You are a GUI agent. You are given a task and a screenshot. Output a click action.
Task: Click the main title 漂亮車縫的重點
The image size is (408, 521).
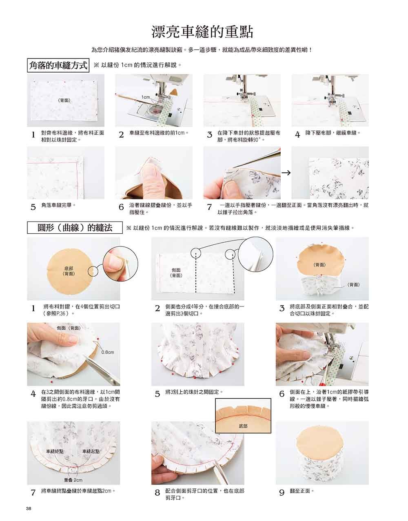click(202, 32)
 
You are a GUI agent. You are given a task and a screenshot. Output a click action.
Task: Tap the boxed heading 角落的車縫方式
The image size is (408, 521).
click(58, 65)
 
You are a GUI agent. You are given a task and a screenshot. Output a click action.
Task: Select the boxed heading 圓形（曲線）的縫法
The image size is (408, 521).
click(75, 228)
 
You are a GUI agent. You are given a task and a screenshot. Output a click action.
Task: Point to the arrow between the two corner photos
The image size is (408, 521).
click(286, 172)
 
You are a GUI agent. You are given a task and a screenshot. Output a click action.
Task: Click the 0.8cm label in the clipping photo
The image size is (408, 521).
click(108, 352)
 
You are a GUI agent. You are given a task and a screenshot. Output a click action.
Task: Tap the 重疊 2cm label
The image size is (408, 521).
click(73, 480)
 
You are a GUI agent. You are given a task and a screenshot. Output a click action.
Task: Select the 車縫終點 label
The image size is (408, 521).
click(55, 451)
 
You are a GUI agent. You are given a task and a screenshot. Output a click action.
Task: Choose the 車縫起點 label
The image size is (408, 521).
click(91, 451)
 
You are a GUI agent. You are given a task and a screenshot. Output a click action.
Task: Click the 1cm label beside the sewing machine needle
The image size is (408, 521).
click(146, 97)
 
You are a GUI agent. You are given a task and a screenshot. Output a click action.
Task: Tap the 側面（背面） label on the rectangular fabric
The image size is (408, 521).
click(176, 273)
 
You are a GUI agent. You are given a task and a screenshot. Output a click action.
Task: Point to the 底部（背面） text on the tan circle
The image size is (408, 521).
click(69, 271)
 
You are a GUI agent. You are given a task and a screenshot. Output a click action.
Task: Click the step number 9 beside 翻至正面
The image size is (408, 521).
click(282, 493)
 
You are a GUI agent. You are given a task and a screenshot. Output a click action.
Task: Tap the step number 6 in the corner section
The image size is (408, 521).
click(121, 207)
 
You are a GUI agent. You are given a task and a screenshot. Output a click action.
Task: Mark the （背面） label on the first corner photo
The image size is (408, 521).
click(64, 101)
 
